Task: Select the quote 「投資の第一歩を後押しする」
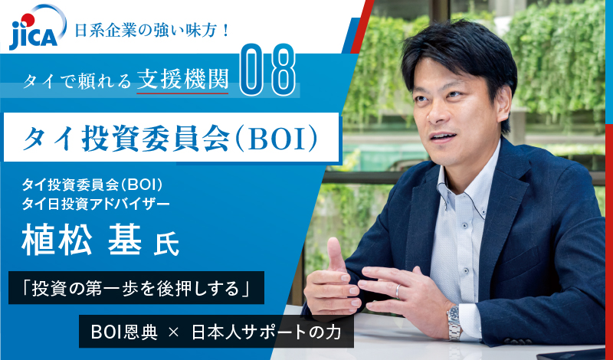pyautogui.click(x=137, y=290)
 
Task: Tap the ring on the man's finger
pyautogui.click(x=397, y=291)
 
